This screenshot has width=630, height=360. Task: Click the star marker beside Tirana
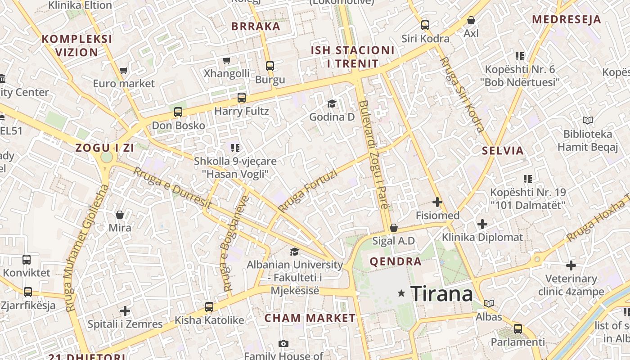[401, 293]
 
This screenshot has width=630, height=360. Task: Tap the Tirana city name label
[441, 294]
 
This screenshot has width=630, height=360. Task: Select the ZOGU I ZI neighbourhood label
[105, 148]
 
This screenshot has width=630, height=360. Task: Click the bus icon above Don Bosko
[178, 112]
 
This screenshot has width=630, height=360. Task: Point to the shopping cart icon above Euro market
[124, 70]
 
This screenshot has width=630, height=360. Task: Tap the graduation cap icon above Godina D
[332, 104]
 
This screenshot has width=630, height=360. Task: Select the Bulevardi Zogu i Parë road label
[373, 155]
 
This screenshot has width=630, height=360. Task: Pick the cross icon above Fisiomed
[437, 202]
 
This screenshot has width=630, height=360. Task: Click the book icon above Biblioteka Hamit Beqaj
[588, 120]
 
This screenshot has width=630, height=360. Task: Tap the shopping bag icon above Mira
[120, 214]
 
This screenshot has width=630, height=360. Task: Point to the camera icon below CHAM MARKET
[283, 344]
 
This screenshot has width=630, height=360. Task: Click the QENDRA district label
[396, 261]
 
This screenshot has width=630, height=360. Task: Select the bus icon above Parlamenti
[518, 328]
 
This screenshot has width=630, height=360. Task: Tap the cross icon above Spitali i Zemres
[125, 310]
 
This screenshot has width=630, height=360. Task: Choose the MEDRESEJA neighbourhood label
[567, 19]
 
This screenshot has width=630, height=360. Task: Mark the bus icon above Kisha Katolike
[209, 307]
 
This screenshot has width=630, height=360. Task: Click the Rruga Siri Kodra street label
[462, 94]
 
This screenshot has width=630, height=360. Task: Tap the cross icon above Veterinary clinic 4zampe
[571, 265]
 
